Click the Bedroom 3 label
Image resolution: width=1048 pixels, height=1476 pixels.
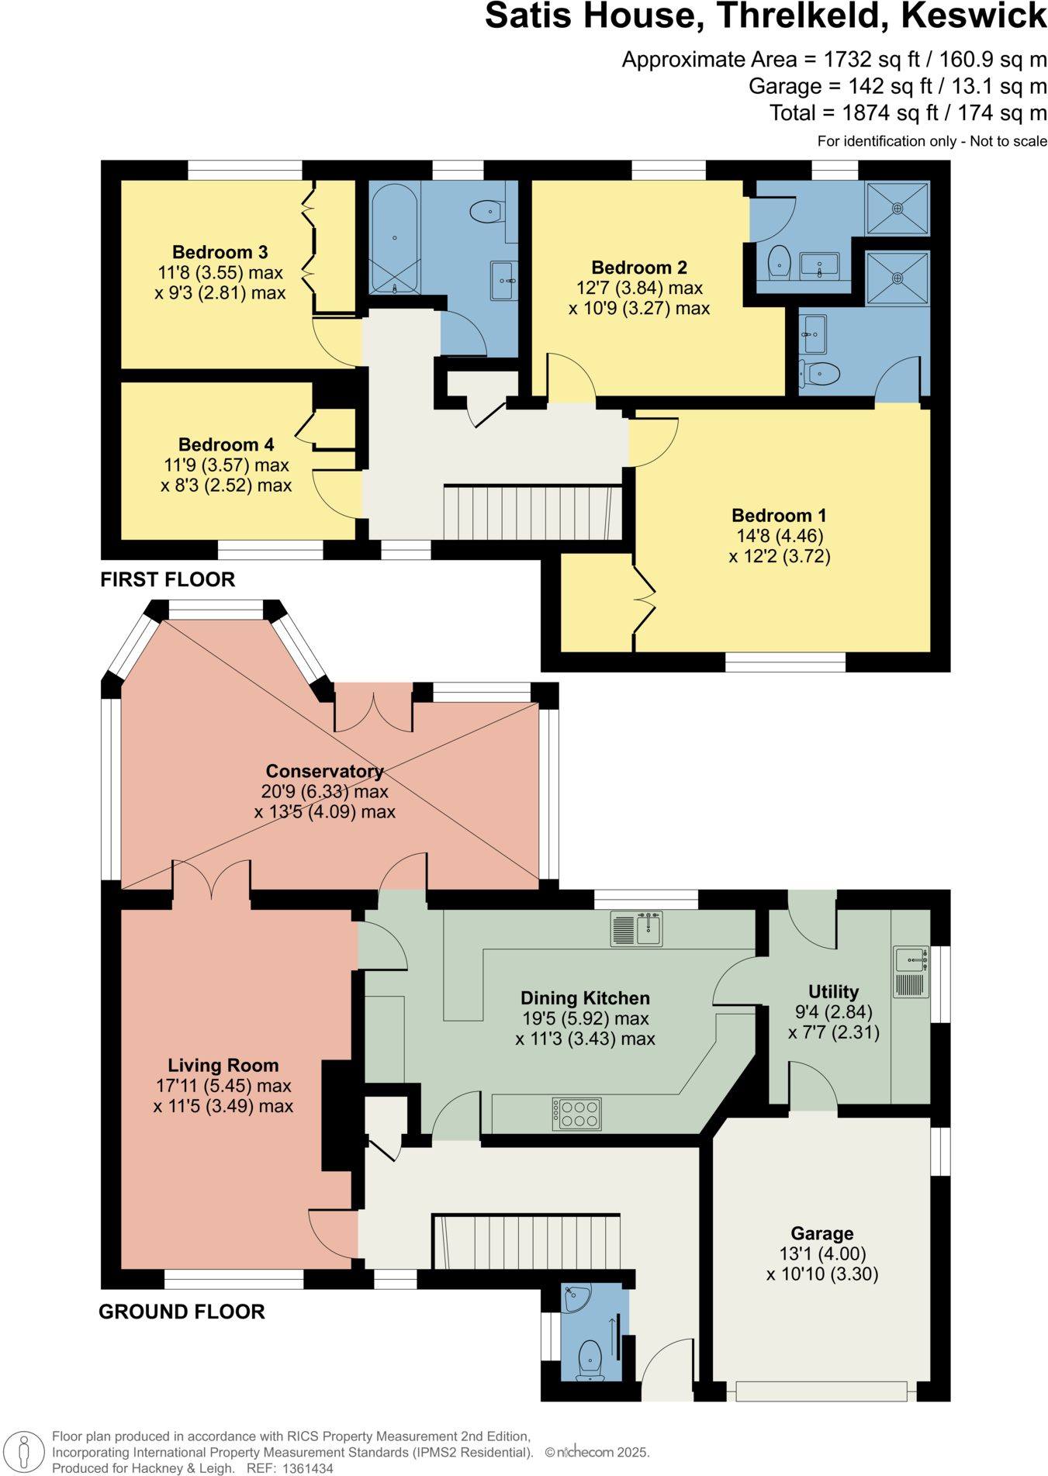220,252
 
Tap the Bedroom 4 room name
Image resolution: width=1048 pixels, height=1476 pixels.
226,444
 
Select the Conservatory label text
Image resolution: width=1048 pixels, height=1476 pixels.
324,771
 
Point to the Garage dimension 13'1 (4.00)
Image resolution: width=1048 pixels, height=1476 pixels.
822,1253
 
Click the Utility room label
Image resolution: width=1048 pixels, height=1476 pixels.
833,992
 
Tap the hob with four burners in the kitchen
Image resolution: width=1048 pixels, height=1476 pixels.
577,1114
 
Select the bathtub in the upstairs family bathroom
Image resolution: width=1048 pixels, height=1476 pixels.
394,238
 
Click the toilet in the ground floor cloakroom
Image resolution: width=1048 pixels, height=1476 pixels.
591,1357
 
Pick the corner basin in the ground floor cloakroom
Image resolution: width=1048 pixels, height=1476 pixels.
576,1298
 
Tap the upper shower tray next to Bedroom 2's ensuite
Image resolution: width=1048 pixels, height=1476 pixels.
898,208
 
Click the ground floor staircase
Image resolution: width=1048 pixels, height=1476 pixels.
527,1242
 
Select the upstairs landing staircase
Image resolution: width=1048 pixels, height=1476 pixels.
532,512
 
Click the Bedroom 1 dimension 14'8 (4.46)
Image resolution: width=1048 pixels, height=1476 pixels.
780,536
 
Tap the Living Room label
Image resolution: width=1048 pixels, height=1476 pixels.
223,1066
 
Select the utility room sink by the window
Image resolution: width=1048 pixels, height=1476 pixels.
911,960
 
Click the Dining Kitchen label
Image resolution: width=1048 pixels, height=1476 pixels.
585,998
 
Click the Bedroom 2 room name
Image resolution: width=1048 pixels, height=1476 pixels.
639,268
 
